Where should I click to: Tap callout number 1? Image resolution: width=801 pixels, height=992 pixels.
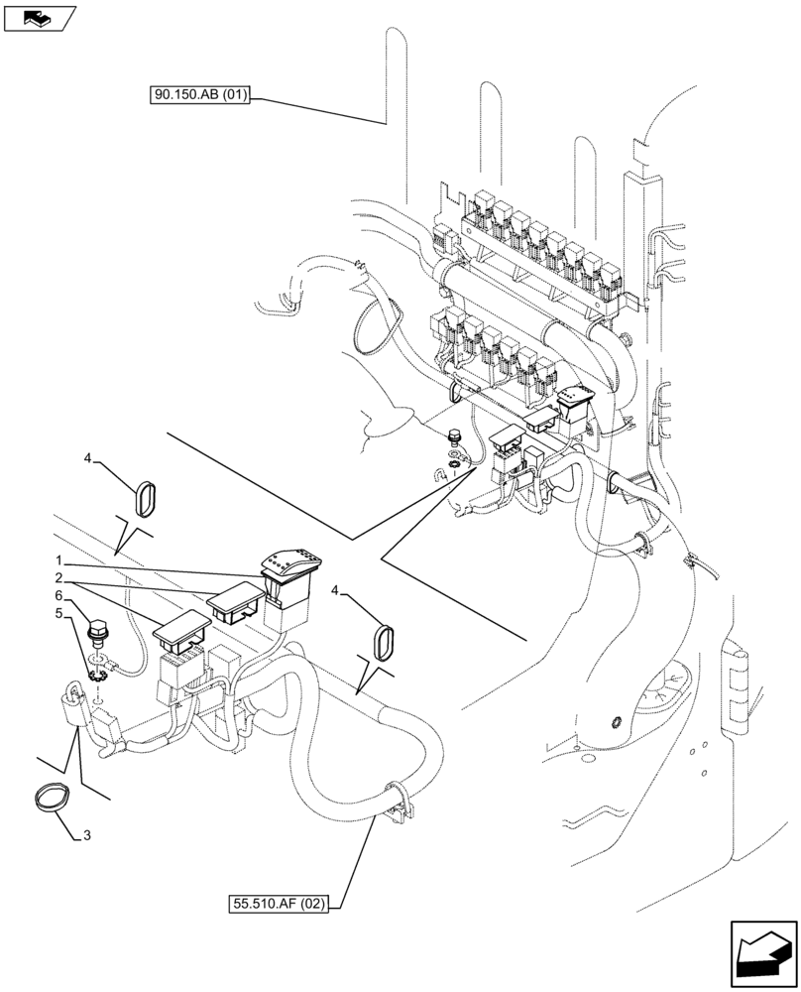pyautogui.click(x=60, y=560)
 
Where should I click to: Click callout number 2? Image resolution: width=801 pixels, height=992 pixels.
pyautogui.click(x=59, y=577)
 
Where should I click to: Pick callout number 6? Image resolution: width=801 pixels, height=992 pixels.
pyautogui.click(x=60, y=595)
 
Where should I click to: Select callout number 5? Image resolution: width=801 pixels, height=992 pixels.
pyautogui.click(x=60, y=614)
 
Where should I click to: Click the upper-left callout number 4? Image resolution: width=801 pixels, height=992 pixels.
pyautogui.click(x=87, y=459)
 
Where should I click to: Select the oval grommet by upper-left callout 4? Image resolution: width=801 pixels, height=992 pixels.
pyautogui.click(x=150, y=497)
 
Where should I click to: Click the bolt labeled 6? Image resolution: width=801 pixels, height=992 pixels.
pyautogui.click(x=98, y=631)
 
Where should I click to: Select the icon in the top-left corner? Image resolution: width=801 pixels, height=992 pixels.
pyautogui.click(x=39, y=17)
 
